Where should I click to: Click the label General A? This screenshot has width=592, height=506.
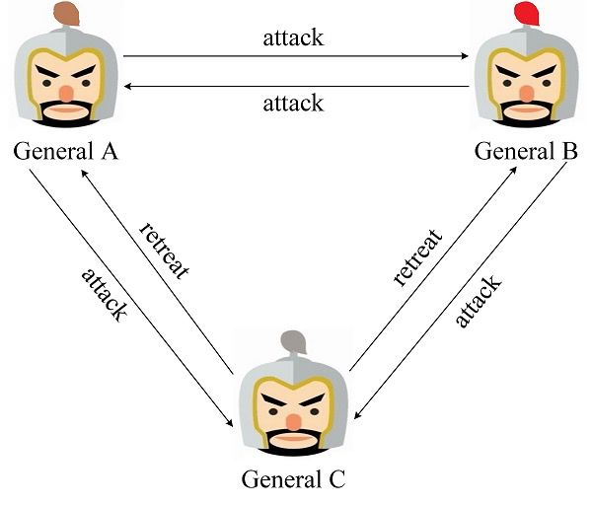pos(65,153)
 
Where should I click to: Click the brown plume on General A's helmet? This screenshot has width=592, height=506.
pos(67,13)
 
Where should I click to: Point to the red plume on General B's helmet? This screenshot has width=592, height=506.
pos(527,14)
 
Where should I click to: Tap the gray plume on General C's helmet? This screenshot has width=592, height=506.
pos(295,341)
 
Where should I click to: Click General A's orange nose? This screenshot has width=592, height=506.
pos(66,93)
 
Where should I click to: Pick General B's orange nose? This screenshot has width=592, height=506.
pos(526,93)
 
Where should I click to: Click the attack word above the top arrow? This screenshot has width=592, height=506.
pos(293,39)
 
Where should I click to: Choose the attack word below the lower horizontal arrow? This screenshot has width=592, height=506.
pos(293,102)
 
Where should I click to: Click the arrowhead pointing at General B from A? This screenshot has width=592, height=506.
pos(464,56)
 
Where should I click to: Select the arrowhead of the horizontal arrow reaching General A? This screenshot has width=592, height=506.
pos(129,86)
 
